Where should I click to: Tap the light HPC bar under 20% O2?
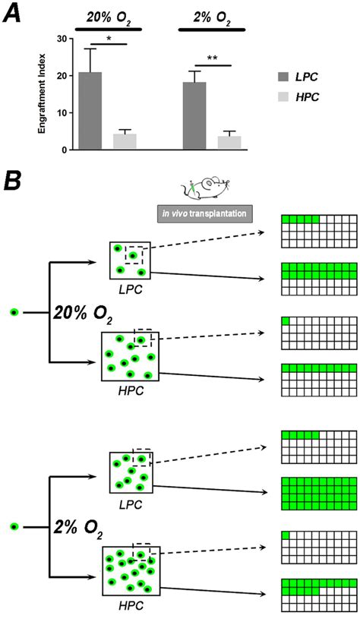pos(125,142)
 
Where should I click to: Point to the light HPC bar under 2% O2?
pos(229,143)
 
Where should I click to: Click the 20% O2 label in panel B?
pos(81,313)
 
